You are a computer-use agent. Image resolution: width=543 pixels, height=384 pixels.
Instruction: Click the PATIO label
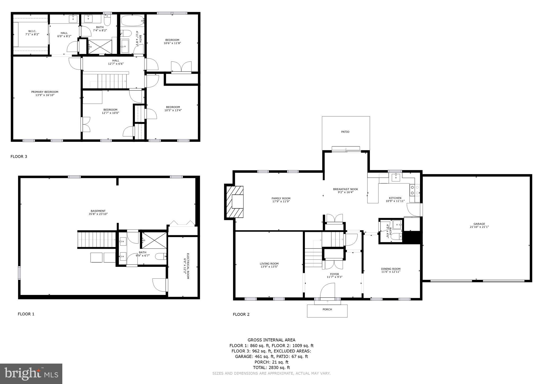pyautogui.click(x=345, y=132)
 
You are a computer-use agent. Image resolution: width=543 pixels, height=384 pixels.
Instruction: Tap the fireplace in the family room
pyautogui.click(x=235, y=202)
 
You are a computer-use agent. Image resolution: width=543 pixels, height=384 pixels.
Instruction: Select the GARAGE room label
pyautogui.click(x=479, y=224)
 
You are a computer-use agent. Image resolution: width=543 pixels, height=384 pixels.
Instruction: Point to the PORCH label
pyautogui.click(x=327, y=309)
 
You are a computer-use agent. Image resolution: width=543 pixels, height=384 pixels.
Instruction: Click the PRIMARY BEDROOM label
pyautogui.click(x=45, y=92)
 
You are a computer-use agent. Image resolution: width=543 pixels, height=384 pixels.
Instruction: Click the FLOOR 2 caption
pyautogui.click(x=241, y=315)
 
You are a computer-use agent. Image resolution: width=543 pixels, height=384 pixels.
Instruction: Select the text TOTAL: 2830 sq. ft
pyautogui.click(x=271, y=368)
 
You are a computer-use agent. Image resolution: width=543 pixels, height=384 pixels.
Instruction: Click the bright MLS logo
pyautogui.click(x=31, y=374)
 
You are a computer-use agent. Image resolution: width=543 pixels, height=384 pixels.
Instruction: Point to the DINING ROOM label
pyautogui.click(x=391, y=269)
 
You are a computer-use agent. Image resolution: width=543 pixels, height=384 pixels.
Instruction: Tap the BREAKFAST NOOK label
pyautogui.click(x=345, y=189)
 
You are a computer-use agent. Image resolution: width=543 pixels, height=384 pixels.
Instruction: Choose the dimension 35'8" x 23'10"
pyautogui.click(x=98, y=214)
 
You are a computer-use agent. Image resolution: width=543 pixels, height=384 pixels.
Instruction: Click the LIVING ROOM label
pyautogui.click(x=269, y=264)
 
